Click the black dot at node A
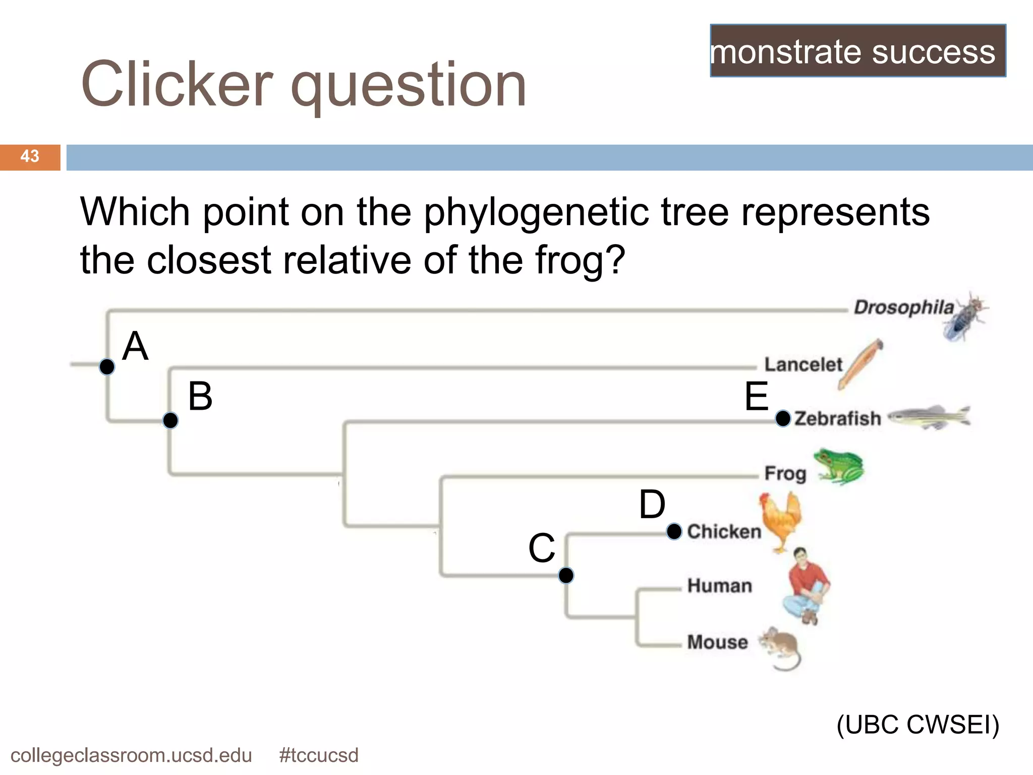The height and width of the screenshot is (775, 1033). pyautogui.click(x=107, y=367)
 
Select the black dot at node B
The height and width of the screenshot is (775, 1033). pyautogui.click(x=170, y=420)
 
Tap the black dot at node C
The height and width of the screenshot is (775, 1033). pyautogui.click(x=566, y=575)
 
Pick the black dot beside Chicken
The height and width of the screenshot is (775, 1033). pyautogui.click(x=674, y=531)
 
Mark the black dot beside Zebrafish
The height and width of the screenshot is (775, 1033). pyautogui.click(x=783, y=418)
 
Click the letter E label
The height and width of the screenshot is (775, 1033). pyautogui.click(x=757, y=397)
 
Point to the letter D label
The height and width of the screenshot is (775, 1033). pyautogui.click(x=652, y=504)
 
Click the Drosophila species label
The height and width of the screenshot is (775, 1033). pyautogui.click(x=903, y=307)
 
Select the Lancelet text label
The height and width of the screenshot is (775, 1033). pyautogui.click(x=803, y=364)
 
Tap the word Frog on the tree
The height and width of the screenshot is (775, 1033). pyautogui.click(x=785, y=473)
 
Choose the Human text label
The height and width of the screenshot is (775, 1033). pyautogui.click(x=719, y=585)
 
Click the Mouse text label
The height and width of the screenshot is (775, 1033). pyautogui.click(x=717, y=642)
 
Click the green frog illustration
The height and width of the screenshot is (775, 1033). pyautogui.click(x=838, y=466)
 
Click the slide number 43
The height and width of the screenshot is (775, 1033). pyautogui.click(x=30, y=156)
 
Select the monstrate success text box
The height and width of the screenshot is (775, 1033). pyautogui.click(x=857, y=51)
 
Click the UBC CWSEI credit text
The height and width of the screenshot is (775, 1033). pyautogui.click(x=917, y=725)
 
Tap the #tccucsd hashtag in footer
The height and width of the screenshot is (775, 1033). pyautogui.click(x=318, y=755)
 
